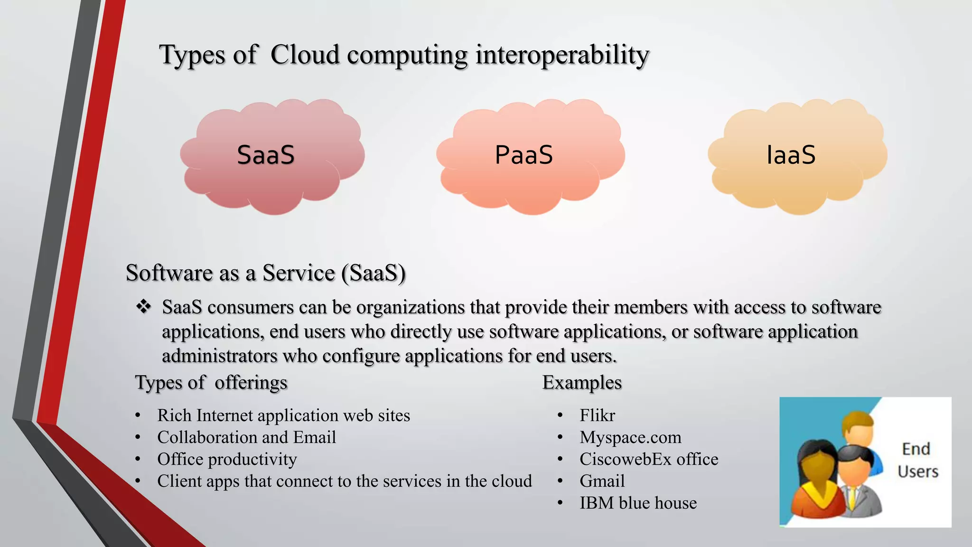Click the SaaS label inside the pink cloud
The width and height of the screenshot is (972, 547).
click(x=266, y=155)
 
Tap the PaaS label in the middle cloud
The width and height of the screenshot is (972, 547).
click(x=524, y=155)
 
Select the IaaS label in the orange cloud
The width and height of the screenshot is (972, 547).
click(x=791, y=155)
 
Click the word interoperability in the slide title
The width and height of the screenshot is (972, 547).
click(x=562, y=55)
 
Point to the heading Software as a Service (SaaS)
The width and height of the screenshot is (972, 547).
click(x=265, y=273)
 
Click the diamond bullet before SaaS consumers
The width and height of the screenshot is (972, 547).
click(x=143, y=307)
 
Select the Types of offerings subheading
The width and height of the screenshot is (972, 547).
click(x=211, y=382)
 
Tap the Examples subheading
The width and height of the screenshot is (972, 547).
click(x=582, y=382)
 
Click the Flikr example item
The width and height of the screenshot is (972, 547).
click(x=597, y=415)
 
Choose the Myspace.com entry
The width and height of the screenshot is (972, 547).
click(x=630, y=437)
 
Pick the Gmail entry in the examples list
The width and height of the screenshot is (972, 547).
click(x=602, y=481)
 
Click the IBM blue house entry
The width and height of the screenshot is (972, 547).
click(x=638, y=503)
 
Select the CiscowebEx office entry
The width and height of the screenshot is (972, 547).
click(x=649, y=459)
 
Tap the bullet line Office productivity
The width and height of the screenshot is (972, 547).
click(x=227, y=459)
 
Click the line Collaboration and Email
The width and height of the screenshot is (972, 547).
click(x=246, y=437)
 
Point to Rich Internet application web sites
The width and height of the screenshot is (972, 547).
click(x=283, y=415)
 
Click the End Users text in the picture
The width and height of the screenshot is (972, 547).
click(x=917, y=460)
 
